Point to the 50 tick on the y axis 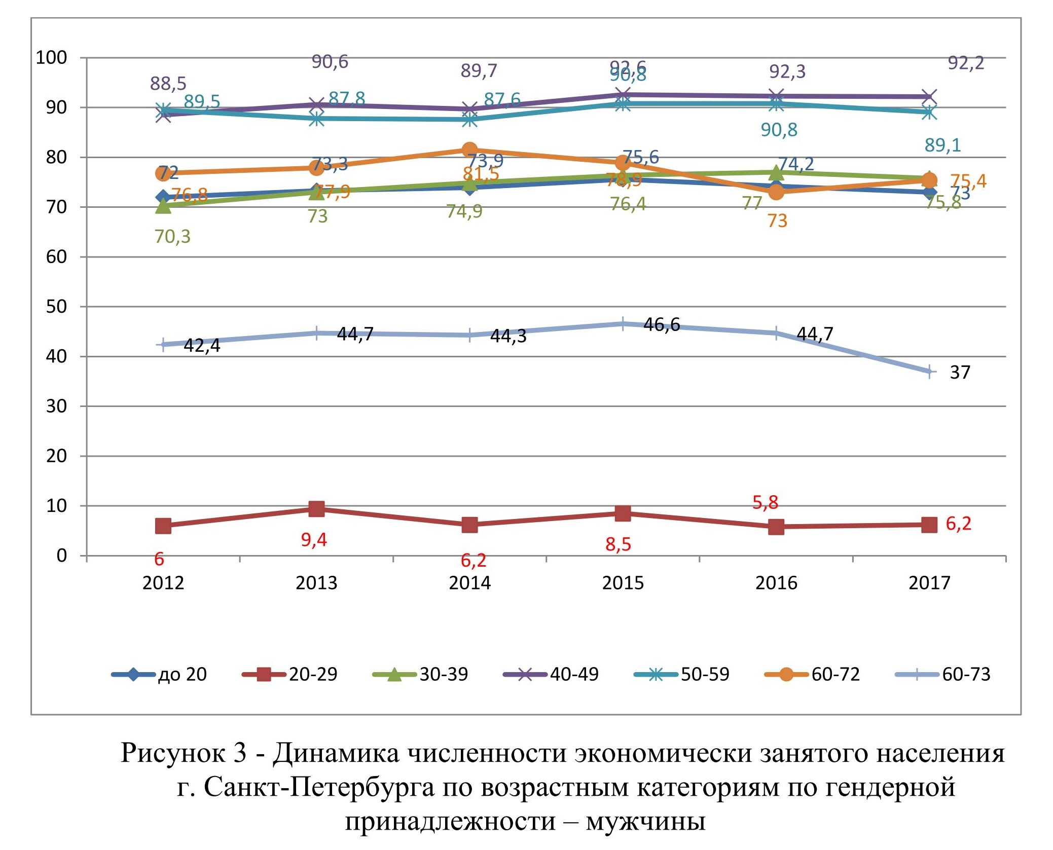tap(56, 307)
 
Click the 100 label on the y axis tap(51, 58)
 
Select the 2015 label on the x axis tap(623, 583)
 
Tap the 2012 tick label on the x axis tap(163, 583)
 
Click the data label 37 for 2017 tap(960, 373)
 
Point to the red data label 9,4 tap(314, 540)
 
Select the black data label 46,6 tap(662, 325)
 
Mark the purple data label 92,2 tap(966, 63)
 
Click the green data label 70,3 tap(172, 237)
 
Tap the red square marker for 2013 tap(316, 509)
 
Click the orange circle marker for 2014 tap(469, 150)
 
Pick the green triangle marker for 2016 tap(776, 173)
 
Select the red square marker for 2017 tap(929, 525)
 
